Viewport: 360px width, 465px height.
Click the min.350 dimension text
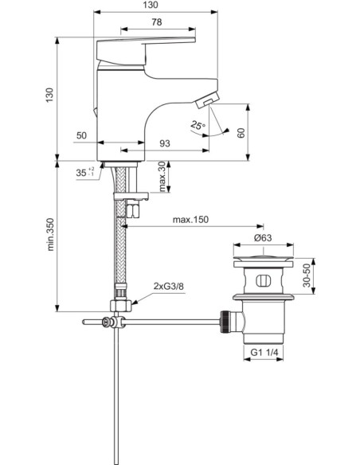click(x=49, y=236)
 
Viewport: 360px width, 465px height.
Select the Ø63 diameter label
click(x=264, y=237)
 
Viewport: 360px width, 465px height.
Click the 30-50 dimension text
click(x=319, y=275)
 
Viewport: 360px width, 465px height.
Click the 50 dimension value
click(x=81, y=136)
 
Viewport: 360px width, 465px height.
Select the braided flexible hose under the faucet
click(x=122, y=247)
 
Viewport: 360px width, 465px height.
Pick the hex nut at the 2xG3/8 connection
click(x=120, y=306)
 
